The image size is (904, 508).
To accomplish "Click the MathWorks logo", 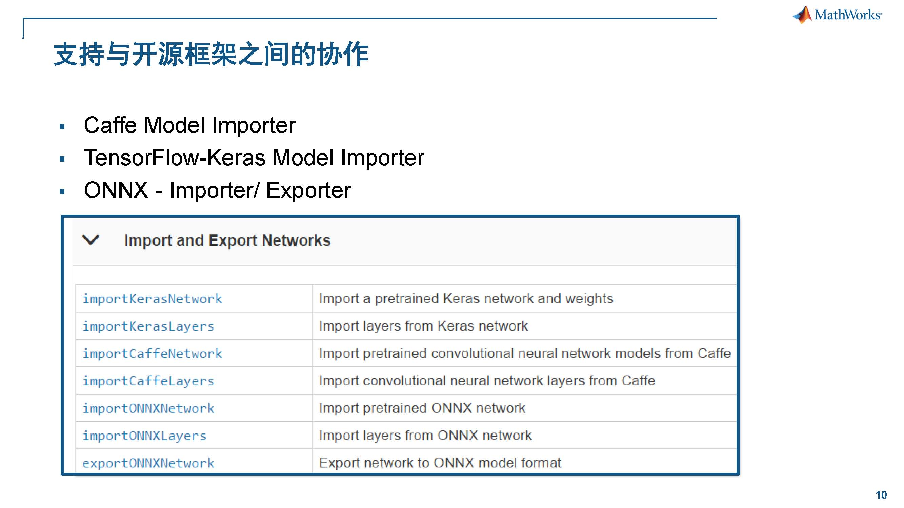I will click(x=837, y=15).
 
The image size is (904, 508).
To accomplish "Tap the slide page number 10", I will click(x=881, y=495).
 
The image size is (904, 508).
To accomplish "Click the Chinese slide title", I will click(x=210, y=54).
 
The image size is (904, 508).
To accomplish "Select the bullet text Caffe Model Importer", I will click(x=189, y=125).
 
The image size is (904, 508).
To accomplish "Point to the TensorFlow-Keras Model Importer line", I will click(x=254, y=157).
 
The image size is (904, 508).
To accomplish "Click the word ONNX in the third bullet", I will click(x=116, y=190).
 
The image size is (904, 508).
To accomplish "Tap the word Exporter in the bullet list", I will click(x=308, y=190).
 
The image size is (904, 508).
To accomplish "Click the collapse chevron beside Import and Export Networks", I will click(x=91, y=240).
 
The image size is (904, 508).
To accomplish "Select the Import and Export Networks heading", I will click(x=227, y=240).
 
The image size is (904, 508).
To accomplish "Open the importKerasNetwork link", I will click(x=152, y=299).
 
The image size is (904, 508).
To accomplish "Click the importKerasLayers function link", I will click(x=148, y=326).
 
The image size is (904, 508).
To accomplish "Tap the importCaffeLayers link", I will click(x=148, y=381).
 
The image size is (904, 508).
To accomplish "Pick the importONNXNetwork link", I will click(x=148, y=408).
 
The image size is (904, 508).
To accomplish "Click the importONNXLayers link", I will click(x=144, y=436).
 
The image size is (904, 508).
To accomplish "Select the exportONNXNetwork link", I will click(x=148, y=463).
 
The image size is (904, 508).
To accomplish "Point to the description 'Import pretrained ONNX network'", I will click(x=422, y=408).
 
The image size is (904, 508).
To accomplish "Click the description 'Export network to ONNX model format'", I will click(x=440, y=463).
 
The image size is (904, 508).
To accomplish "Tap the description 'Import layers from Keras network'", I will click(x=423, y=326).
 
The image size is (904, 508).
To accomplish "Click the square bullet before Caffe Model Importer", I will click(x=62, y=127).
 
